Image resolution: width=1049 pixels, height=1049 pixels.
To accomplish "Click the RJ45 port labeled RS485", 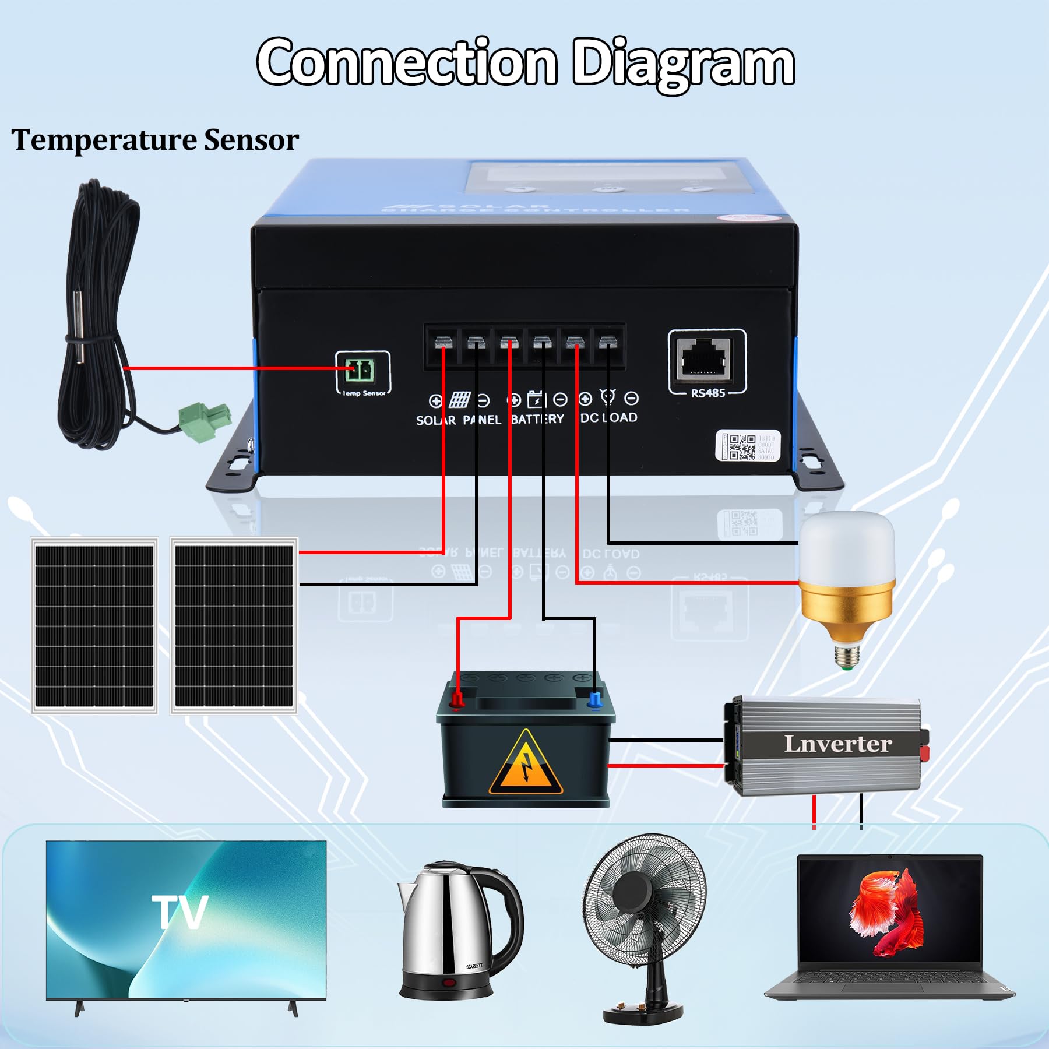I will pos(706,357).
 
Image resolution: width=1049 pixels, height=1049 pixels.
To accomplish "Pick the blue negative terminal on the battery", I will pos(594,700).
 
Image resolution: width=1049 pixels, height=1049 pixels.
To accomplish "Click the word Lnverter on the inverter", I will pos(837,744).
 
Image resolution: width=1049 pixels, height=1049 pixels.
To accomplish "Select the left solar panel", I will pos(94,626).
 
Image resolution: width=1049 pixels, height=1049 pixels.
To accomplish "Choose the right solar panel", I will pos(234,626).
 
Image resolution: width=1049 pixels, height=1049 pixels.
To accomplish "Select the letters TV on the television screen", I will pos(179,912).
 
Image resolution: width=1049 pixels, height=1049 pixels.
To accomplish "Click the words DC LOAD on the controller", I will pos(609,418).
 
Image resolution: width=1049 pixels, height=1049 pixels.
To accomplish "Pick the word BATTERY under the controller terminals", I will pos(537,419).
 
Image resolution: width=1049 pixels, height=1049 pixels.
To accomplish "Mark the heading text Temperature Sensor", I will pos(155,140).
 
